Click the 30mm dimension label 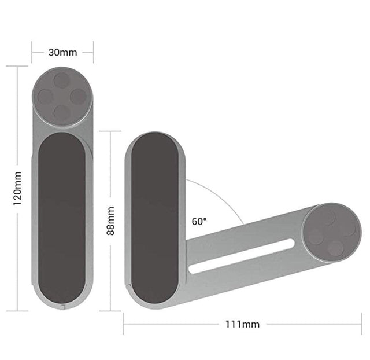pyautogui.click(x=62, y=52)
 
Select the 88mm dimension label pyautogui.click(x=110, y=221)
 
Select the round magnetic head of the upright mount pyautogui.click(x=62, y=97)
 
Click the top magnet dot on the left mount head pyautogui.click(x=62, y=80)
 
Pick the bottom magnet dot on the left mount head pyautogui.click(x=61, y=113)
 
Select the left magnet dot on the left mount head pyautogui.click(x=46, y=97)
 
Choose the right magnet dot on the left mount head pyautogui.click(x=78, y=97)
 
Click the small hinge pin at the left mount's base pyautogui.click(x=62, y=307)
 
